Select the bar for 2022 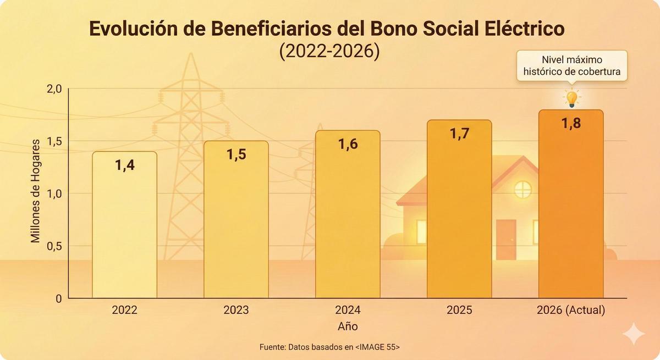pyautogui.click(x=124, y=225)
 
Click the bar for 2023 pyautogui.click(x=236, y=220)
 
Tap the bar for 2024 pyautogui.click(x=348, y=214)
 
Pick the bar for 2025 pyautogui.click(x=459, y=209)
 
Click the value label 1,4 pyautogui.click(x=124, y=164)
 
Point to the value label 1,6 pyautogui.click(x=348, y=144)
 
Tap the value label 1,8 pyautogui.click(x=571, y=123)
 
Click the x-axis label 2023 pyautogui.click(x=236, y=310)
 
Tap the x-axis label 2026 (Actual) pyautogui.click(x=571, y=310)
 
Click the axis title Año pyautogui.click(x=348, y=326)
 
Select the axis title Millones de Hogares pyautogui.click(x=36, y=193)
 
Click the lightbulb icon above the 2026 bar pyautogui.click(x=572, y=98)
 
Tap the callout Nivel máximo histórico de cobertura pyautogui.click(x=572, y=65)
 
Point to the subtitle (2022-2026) pyautogui.click(x=329, y=52)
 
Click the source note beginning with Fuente pyautogui.click(x=329, y=347)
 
